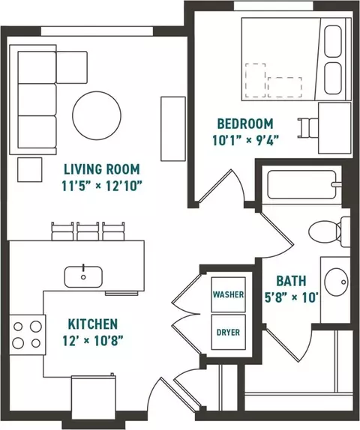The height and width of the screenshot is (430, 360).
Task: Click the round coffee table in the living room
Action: click(x=97, y=115)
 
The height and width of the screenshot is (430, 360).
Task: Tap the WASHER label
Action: click(x=228, y=294)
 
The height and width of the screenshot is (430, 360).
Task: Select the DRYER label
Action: click(x=228, y=333)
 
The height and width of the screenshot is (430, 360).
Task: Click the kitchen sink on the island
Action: click(x=83, y=276)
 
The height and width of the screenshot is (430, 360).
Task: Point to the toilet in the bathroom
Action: click(x=329, y=231)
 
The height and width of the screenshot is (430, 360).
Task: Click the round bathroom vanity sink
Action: click(x=336, y=282)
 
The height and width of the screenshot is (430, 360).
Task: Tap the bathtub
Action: click(x=304, y=185)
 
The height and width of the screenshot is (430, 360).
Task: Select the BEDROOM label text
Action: click(x=245, y=124)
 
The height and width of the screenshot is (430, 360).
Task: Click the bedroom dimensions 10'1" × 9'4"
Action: click(x=246, y=140)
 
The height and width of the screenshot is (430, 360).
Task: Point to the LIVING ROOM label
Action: click(x=102, y=169)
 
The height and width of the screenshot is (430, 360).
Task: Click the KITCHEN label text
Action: click(x=93, y=324)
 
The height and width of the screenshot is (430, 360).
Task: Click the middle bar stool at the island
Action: click(x=88, y=231)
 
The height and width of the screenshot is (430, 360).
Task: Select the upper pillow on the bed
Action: click(x=333, y=41)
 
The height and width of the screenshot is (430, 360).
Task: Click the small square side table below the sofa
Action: click(x=30, y=169)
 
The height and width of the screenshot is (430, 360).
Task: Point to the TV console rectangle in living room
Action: click(x=173, y=129)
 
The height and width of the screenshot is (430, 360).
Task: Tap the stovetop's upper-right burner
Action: click(x=36, y=327)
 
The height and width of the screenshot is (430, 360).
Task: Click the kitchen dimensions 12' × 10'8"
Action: click(x=92, y=341)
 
